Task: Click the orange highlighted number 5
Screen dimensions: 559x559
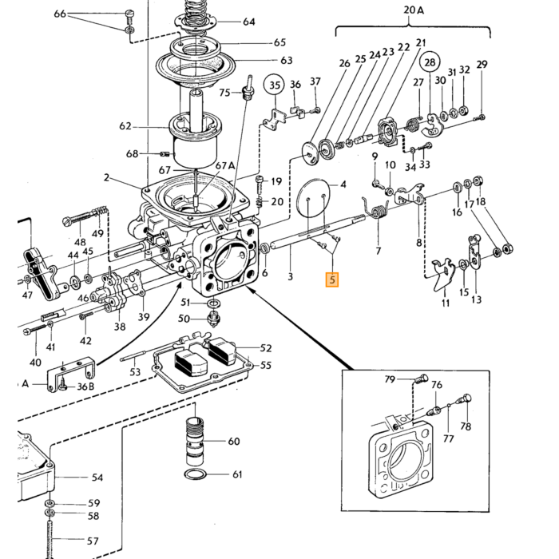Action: (x=332, y=279)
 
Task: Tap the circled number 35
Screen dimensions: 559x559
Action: (x=274, y=85)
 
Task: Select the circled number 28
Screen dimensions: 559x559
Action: (x=430, y=62)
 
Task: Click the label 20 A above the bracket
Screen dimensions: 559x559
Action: (x=414, y=10)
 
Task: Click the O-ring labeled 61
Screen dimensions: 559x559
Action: (x=196, y=474)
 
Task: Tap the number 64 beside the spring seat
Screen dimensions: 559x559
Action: (x=249, y=22)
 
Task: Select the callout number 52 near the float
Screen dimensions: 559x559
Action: (x=266, y=348)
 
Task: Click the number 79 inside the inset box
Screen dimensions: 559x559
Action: (x=390, y=379)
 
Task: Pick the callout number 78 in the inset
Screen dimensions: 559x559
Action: (x=466, y=426)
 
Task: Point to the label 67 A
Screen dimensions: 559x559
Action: (x=225, y=165)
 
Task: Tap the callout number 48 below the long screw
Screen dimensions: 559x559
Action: (x=80, y=242)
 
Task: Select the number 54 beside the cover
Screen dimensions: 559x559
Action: (x=97, y=477)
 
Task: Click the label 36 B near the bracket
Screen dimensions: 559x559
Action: (x=85, y=386)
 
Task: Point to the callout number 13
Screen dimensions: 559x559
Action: (x=476, y=299)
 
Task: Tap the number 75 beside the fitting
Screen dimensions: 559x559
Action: (x=224, y=93)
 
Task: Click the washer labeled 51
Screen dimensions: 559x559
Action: (x=213, y=303)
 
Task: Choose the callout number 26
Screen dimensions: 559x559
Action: (x=344, y=63)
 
